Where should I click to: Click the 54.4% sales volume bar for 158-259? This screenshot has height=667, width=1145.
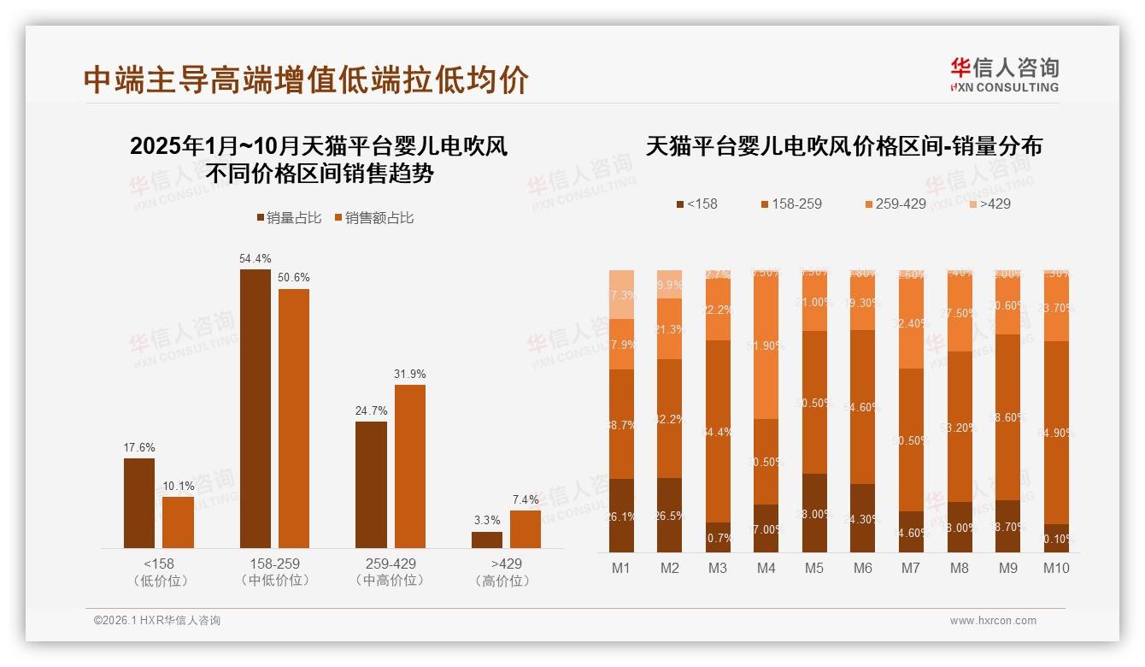255,408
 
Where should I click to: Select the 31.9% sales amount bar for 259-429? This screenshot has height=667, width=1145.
409,466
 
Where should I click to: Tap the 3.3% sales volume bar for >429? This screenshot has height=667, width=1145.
487,540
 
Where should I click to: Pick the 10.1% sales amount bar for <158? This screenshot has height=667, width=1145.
178,522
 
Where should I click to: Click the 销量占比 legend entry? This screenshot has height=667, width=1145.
289,218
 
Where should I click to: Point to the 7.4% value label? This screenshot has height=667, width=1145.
526,500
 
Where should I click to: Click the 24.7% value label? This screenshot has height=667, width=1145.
371,411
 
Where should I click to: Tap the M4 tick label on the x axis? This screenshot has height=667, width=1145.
766,569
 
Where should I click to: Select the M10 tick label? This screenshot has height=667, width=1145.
1056,569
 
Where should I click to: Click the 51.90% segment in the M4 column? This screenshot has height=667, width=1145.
766,345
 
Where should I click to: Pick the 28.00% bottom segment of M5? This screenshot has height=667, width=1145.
814,513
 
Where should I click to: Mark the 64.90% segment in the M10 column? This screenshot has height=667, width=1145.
1057,433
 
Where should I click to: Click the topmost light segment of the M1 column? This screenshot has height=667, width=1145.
621,294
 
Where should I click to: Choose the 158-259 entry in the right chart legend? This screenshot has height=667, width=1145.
790,204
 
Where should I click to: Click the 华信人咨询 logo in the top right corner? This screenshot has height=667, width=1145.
1004,74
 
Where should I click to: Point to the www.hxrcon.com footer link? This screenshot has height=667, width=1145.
993,621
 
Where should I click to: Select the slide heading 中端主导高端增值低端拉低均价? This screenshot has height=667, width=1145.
306,80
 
